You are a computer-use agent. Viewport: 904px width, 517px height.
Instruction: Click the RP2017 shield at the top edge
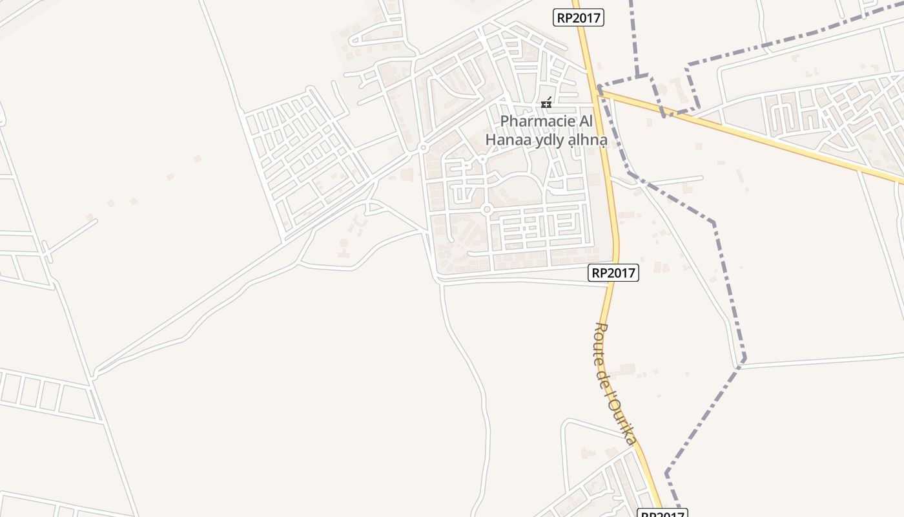click(579, 17)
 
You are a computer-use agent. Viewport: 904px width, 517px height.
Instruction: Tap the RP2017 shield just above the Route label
click(613, 273)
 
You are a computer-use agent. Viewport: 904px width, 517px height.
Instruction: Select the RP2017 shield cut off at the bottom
click(662, 513)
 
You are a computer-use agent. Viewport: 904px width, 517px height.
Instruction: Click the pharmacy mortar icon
click(546, 103)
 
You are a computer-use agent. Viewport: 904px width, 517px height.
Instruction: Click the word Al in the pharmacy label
click(584, 121)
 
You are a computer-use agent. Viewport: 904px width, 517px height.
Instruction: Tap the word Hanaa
click(507, 139)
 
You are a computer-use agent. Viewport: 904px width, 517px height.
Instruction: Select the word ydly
click(547, 140)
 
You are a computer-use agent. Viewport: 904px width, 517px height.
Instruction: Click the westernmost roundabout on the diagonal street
click(423, 148)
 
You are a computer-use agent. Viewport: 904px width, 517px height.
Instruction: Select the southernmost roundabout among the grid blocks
click(487, 209)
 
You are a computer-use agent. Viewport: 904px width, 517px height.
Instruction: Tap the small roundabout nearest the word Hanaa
click(482, 159)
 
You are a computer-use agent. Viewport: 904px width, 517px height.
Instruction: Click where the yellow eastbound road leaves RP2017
click(600, 90)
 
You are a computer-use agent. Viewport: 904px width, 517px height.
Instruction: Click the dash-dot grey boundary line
click(714, 223)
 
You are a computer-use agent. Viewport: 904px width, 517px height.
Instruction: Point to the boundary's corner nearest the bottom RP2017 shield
click(666, 475)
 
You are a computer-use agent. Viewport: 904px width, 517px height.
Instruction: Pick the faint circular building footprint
click(344, 243)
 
